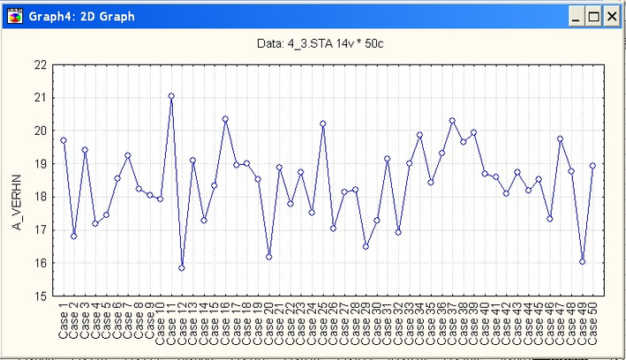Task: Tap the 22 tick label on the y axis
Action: (x=41, y=64)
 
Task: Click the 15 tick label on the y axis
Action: (x=41, y=296)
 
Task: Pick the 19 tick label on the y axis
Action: (x=41, y=163)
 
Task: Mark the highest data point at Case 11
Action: (x=171, y=95)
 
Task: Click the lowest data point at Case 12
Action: (x=182, y=267)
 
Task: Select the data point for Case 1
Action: (x=64, y=140)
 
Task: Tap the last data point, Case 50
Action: (x=593, y=165)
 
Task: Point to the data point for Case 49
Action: (x=583, y=261)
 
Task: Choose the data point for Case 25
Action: (x=323, y=124)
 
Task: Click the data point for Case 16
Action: (x=225, y=118)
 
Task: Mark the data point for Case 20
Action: (x=268, y=257)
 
